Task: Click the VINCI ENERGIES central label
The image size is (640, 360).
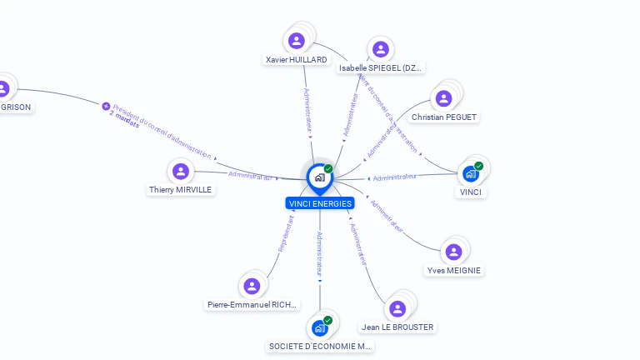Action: (x=320, y=203)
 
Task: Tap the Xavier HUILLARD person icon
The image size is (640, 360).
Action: (x=297, y=41)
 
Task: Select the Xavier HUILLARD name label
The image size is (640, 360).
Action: (x=296, y=60)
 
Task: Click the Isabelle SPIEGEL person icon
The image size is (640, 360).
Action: (x=381, y=49)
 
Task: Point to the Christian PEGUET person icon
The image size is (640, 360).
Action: (x=444, y=98)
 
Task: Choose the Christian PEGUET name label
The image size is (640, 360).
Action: (x=444, y=117)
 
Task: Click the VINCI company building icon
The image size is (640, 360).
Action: (x=471, y=173)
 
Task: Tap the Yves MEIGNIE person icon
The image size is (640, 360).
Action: (x=454, y=252)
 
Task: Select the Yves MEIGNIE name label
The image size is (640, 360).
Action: (x=454, y=271)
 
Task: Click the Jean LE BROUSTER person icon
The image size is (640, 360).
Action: (x=397, y=308)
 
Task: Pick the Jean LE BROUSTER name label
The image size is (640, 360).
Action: (x=397, y=327)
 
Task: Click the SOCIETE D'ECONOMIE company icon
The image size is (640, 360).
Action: (x=319, y=327)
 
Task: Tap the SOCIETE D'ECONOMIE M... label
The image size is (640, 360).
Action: (x=321, y=346)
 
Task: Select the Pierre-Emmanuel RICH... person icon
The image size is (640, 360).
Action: (x=252, y=286)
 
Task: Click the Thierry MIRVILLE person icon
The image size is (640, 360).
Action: (x=181, y=172)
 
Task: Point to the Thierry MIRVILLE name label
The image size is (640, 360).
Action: (x=181, y=190)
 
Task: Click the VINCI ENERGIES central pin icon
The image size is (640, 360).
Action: (x=319, y=177)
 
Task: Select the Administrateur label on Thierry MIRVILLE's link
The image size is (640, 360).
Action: (x=250, y=176)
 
